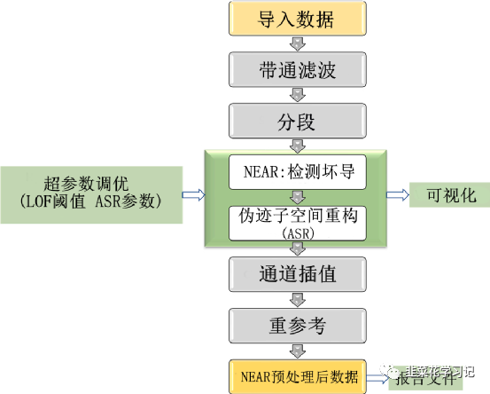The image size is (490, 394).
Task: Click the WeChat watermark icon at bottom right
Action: (x=391, y=373)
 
